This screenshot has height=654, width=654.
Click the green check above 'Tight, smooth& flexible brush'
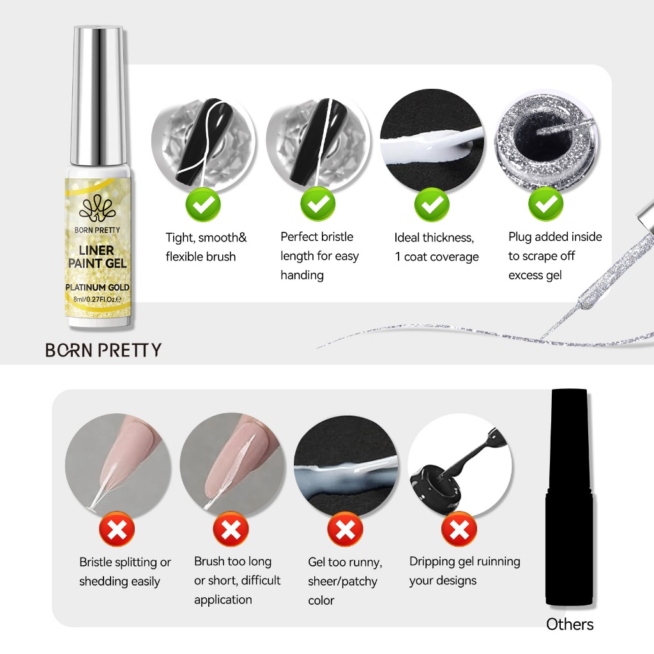[203, 204]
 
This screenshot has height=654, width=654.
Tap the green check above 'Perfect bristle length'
[318, 204]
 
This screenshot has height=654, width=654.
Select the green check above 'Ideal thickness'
[432, 204]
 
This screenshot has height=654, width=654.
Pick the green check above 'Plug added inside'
[545, 204]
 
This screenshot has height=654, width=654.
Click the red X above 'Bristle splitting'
[117, 529]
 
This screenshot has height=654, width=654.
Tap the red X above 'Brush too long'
[231, 529]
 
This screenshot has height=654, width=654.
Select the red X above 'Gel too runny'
[345, 529]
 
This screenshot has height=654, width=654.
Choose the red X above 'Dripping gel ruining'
[459, 529]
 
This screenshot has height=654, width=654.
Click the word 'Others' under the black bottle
[570, 625]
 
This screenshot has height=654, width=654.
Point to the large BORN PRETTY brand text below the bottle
[103, 351]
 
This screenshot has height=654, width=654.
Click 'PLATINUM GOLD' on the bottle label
[97, 287]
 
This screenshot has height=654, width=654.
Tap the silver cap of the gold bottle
[98, 96]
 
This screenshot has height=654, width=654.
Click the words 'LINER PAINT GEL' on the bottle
[97, 257]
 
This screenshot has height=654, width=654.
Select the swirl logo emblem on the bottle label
[97, 209]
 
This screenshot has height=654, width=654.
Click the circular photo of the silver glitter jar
[546, 141]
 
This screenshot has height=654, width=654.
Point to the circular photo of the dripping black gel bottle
[460, 466]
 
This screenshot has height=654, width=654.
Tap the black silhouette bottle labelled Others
[569, 497]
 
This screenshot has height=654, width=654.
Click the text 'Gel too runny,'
[345, 562]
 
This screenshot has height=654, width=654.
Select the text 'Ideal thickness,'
[434, 238]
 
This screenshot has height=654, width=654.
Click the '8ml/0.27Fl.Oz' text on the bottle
[97, 299]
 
